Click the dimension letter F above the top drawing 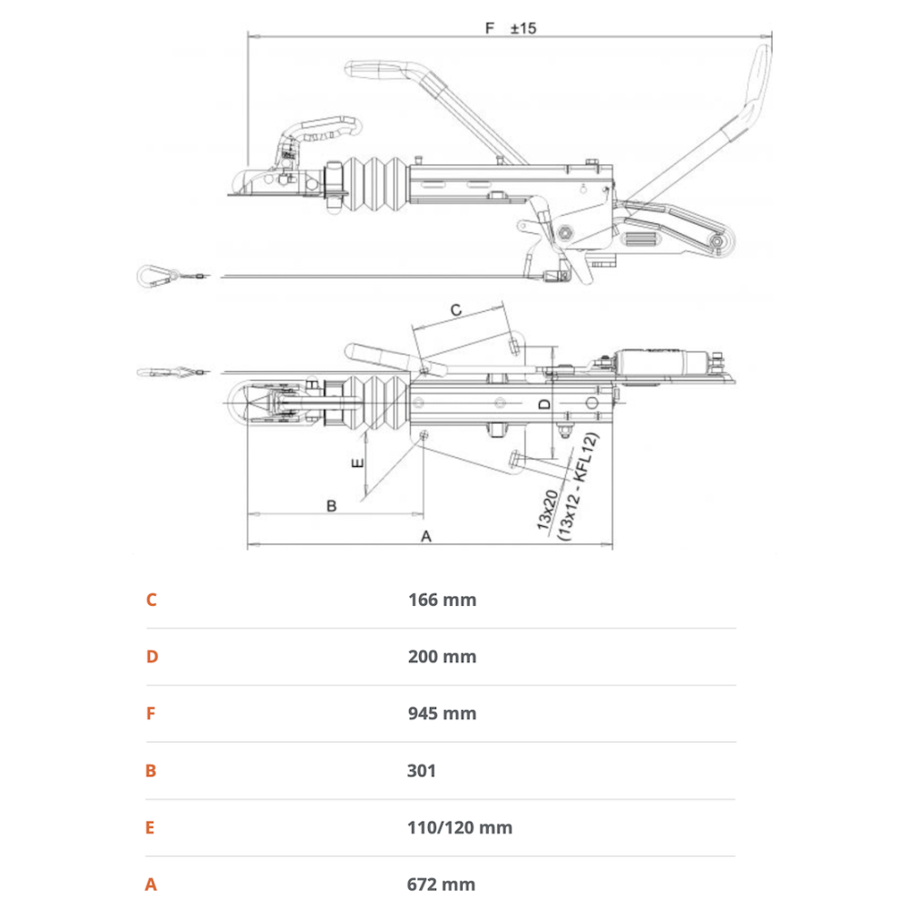pos(490,28)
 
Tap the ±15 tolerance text pos(523,28)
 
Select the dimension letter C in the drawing pos(456,309)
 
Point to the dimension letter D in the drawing pos(543,403)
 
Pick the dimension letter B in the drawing pos(331,505)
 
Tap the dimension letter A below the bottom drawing pos(426,536)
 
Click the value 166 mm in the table pos(442,600)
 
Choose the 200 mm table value pos(442,657)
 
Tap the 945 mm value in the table pos(442,714)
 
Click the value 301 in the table pos(422,771)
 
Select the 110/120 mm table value pos(460,828)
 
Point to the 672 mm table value pos(442,884)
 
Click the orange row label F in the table pos(151,714)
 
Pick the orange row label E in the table pos(151,828)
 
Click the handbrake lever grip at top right pos(760,77)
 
